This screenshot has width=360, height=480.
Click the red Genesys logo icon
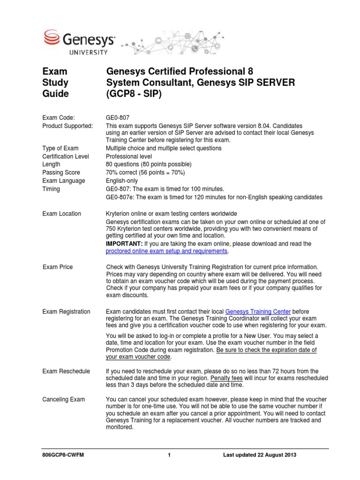click(51, 37)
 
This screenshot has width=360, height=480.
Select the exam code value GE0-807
click(118, 118)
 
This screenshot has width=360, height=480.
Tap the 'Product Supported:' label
click(67, 126)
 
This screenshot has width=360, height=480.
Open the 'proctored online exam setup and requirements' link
click(167, 251)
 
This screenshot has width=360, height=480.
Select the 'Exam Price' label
click(58, 267)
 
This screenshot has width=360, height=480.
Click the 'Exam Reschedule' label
click(66, 371)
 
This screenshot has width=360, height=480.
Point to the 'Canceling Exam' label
click(64, 399)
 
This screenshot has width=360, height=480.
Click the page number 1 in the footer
click(168, 455)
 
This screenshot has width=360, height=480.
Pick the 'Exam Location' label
click(61, 214)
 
